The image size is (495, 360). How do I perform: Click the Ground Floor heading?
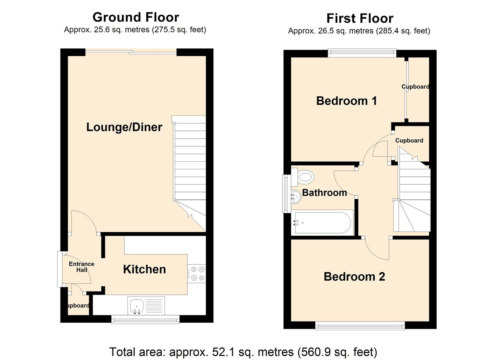136,17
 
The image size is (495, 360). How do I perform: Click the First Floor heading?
360,18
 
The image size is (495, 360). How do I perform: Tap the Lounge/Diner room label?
124,127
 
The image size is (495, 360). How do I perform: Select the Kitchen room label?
144,269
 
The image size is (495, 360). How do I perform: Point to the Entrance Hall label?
81,267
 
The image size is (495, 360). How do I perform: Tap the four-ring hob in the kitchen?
197,273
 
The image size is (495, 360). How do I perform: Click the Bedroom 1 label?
346,101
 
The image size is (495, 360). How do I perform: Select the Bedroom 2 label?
354,277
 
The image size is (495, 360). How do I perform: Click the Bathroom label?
324,193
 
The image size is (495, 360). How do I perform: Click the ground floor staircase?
190,165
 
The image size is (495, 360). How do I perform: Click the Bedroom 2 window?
360,325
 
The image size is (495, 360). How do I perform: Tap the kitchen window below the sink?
145,320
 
